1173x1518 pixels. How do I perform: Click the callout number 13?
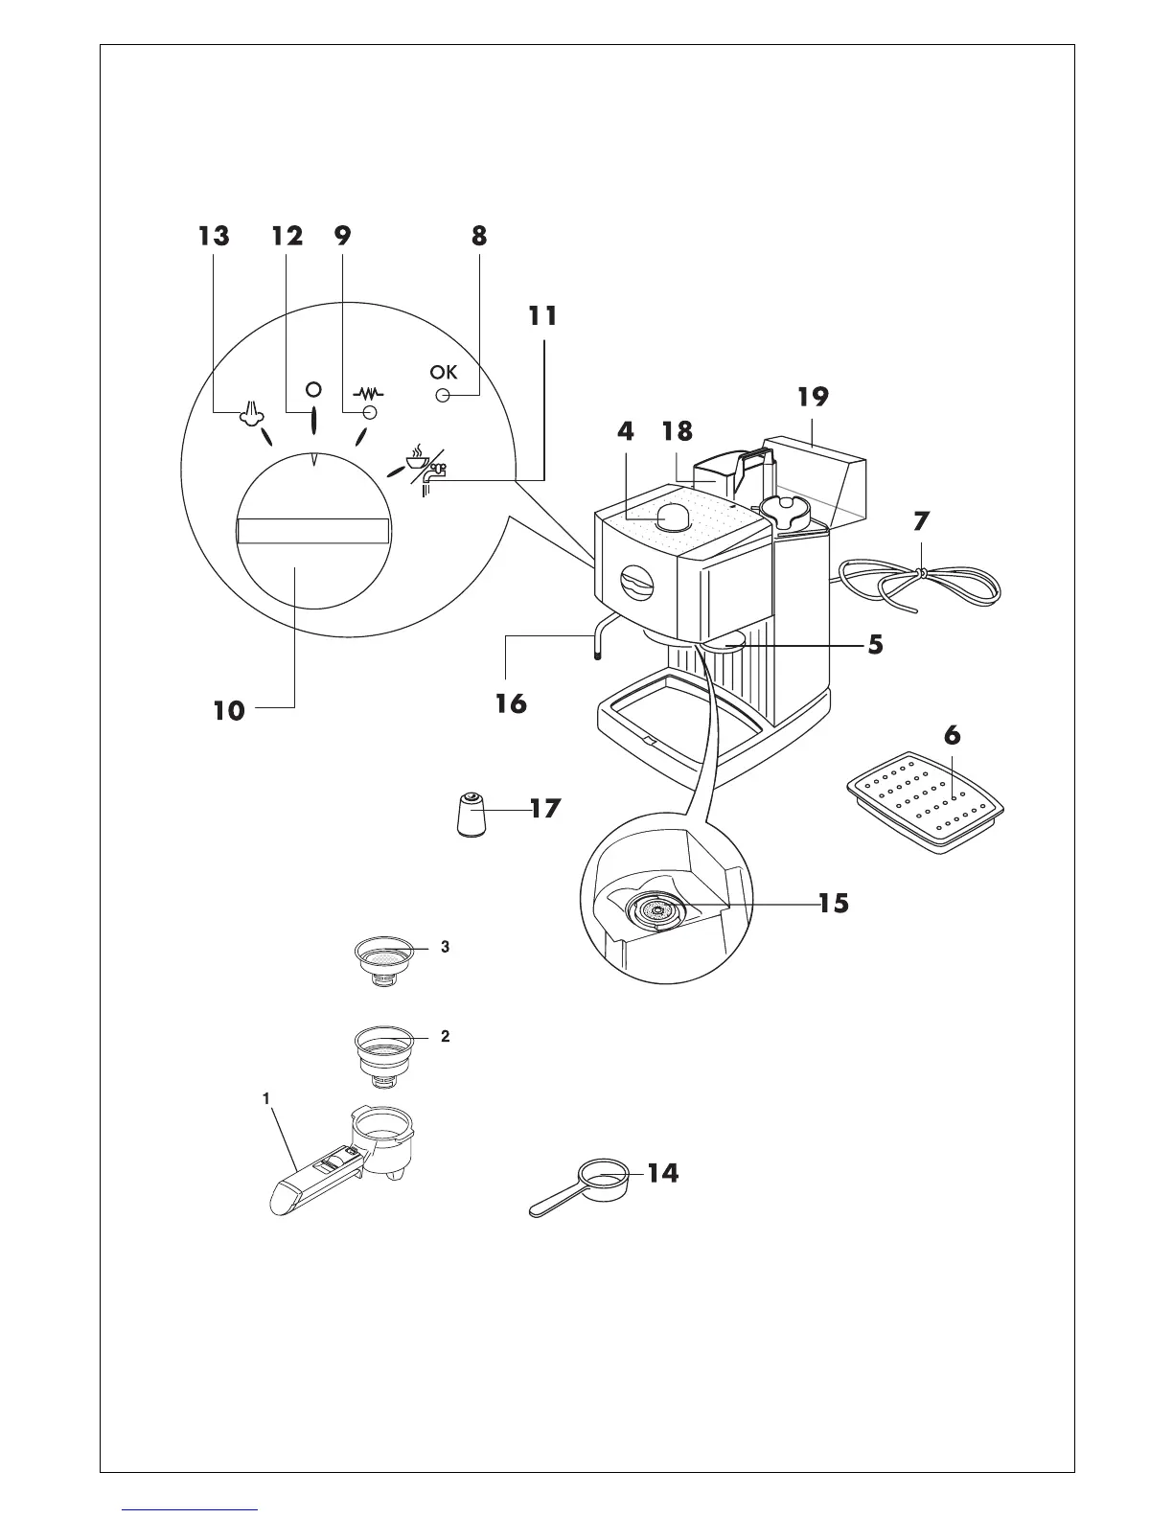(x=215, y=236)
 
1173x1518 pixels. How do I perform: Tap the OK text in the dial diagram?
(x=443, y=373)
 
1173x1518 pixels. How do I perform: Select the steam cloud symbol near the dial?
(x=250, y=412)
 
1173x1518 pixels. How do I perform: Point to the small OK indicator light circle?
(x=443, y=395)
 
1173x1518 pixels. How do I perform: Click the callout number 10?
(x=229, y=710)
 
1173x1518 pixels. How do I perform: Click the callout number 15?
(x=833, y=903)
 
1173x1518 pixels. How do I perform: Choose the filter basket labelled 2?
(x=383, y=1053)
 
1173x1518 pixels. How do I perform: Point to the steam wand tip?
(x=597, y=655)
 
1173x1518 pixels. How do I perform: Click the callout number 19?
(x=812, y=397)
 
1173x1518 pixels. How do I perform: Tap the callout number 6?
(x=952, y=736)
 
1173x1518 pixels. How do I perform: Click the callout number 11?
(x=542, y=315)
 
